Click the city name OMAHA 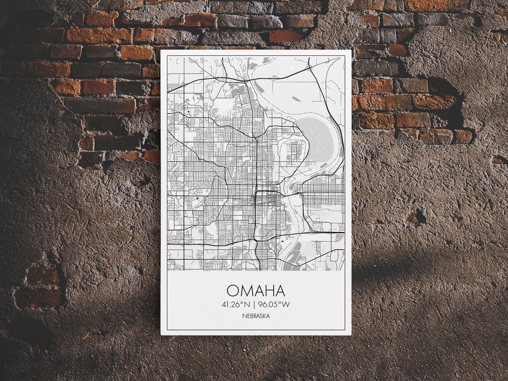[256, 290]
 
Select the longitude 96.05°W [274, 304]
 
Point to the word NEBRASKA [256, 316]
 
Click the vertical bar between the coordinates [254, 304]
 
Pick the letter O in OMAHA [232, 290]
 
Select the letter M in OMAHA [245, 290]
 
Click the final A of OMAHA [280, 290]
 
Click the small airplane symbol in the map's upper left [188, 111]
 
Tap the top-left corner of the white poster [161, 50]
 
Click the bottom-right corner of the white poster [351, 334]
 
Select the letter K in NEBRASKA [265, 316]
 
